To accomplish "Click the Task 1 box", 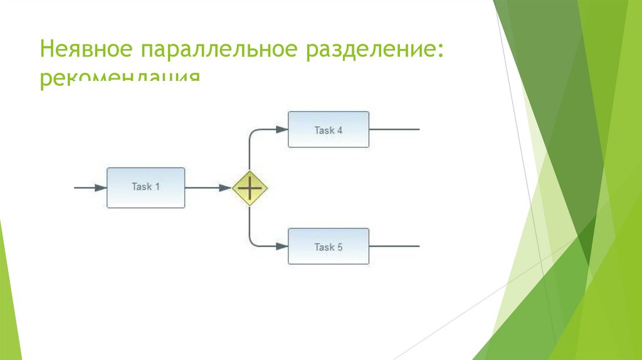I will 145,187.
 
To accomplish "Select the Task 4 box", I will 328,129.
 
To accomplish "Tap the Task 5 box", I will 328,246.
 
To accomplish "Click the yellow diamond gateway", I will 250,188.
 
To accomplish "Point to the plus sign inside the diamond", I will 250,188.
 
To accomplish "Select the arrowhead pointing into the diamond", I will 225,188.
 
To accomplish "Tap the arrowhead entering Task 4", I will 280,130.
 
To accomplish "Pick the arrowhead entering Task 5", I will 280,246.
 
